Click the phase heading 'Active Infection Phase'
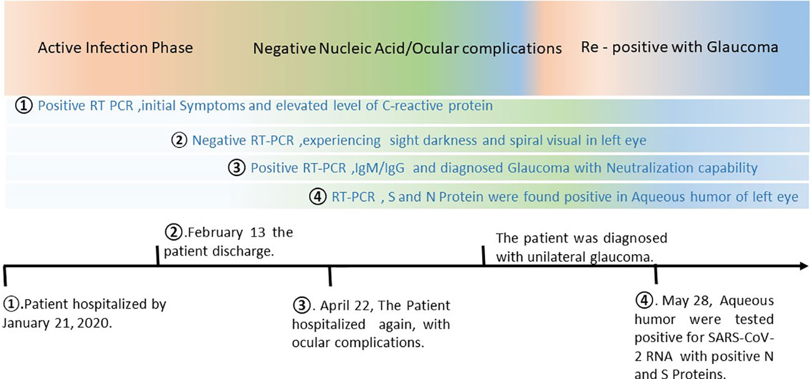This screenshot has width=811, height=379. tap(115, 48)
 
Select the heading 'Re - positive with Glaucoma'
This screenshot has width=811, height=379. tap(679, 47)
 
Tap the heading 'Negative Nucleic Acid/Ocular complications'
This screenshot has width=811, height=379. tap(407, 49)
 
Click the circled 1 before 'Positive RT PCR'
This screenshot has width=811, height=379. tap(24, 106)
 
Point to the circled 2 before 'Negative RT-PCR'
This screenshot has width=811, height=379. tap(179, 140)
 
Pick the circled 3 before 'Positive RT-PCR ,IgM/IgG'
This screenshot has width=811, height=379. tap(237, 168)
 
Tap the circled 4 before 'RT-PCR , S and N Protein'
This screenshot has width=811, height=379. tap(318, 197)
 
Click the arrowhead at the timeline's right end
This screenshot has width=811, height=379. tap(804, 266)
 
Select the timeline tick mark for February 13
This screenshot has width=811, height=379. tap(157, 255)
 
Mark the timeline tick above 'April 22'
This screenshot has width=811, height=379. tap(330, 277)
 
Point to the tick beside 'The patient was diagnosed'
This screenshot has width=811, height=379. tap(483, 255)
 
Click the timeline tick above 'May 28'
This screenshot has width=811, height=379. tap(656, 274)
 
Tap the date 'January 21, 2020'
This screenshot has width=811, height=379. tap(57, 323)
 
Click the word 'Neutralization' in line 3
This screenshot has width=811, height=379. tap(649, 168)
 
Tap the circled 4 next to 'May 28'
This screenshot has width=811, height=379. tap(644, 300)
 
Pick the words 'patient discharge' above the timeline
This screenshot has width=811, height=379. tap(219, 251)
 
